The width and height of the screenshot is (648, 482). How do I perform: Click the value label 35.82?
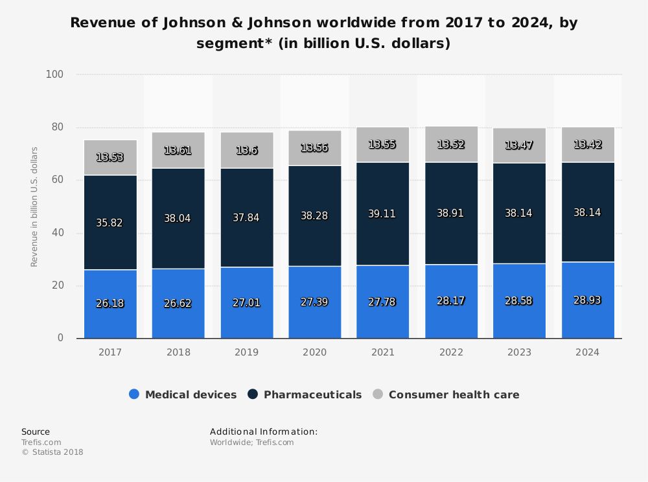[x=110, y=223]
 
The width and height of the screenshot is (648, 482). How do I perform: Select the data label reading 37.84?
[x=246, y=217]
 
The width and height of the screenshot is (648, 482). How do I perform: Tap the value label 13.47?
[x=519, y=145]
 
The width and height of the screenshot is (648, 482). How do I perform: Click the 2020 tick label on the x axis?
[x=314, y=352]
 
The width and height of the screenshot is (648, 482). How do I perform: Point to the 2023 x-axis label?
[x=519, y=352]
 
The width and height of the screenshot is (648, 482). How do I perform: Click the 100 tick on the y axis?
[x=55, y=75]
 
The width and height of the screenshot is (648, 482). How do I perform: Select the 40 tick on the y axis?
[x=58, y=233]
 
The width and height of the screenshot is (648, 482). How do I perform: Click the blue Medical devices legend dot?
[x=134, y=394]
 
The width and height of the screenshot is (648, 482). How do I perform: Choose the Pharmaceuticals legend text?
[x=312, y=394]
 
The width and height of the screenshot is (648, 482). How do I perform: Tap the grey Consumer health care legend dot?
[x=378, y=394]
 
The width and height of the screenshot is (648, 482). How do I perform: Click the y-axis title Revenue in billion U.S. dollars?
[x=34, y=207]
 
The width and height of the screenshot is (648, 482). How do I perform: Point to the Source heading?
[x=35, y=431]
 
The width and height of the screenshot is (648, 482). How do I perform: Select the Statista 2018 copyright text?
[x=52, y=452]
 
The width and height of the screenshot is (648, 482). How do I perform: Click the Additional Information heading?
[x=264, y=431]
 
